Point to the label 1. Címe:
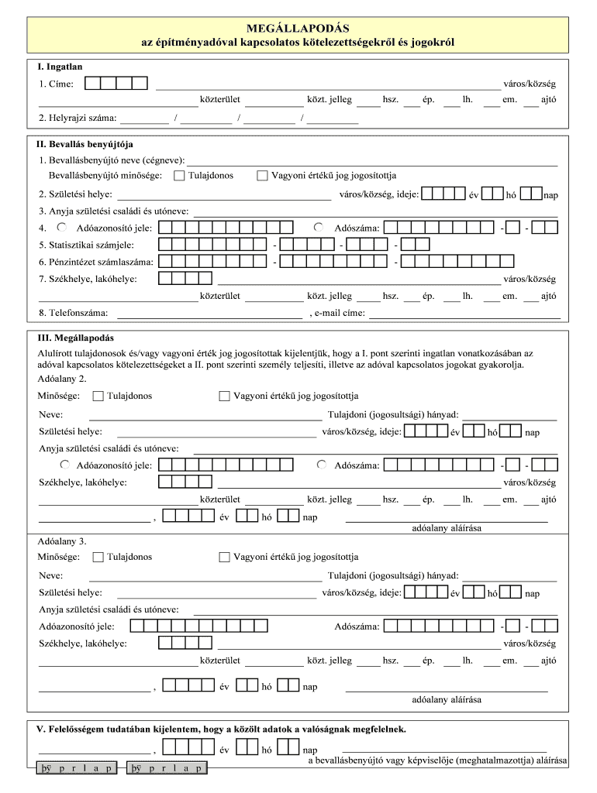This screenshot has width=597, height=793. (58, 84)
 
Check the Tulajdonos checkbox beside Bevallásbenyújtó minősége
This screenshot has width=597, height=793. (180, 176)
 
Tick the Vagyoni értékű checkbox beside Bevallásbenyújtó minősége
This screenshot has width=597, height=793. (262, 176)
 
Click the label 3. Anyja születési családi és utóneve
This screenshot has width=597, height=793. (113, 211)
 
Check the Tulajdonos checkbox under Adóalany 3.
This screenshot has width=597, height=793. (98, 557)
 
